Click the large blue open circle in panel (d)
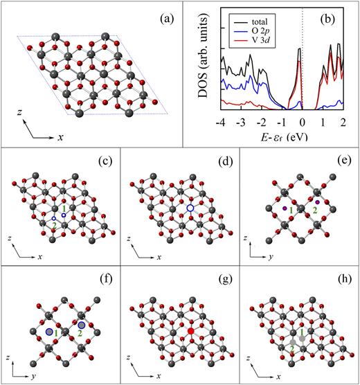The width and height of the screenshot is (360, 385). click(190, 207)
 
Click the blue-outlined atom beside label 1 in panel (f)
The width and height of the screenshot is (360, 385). click(49, 332)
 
